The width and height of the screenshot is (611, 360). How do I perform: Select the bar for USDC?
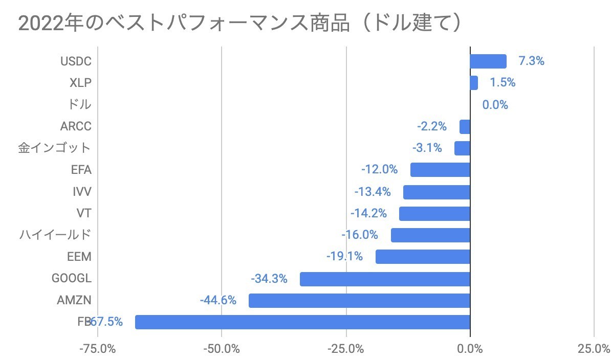click(488, 61)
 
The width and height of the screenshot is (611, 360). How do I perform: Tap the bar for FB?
click(302, 322)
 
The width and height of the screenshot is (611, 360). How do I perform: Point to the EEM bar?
click(423, 257)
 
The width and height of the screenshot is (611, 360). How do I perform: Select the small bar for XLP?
click(474, 83)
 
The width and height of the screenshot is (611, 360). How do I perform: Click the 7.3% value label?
click(531, 61)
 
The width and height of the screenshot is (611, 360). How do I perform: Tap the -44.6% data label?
click(218, 300)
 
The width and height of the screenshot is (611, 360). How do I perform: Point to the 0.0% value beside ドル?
click(495, 105)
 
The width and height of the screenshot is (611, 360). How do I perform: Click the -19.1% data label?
click(344, 257)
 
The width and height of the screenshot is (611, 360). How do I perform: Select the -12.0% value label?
click(379, 170)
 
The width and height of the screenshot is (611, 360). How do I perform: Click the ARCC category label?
click(76, 126)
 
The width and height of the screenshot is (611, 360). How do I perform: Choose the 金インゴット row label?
click(54, 148)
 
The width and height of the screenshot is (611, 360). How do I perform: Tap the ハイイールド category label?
click(55, 235)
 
